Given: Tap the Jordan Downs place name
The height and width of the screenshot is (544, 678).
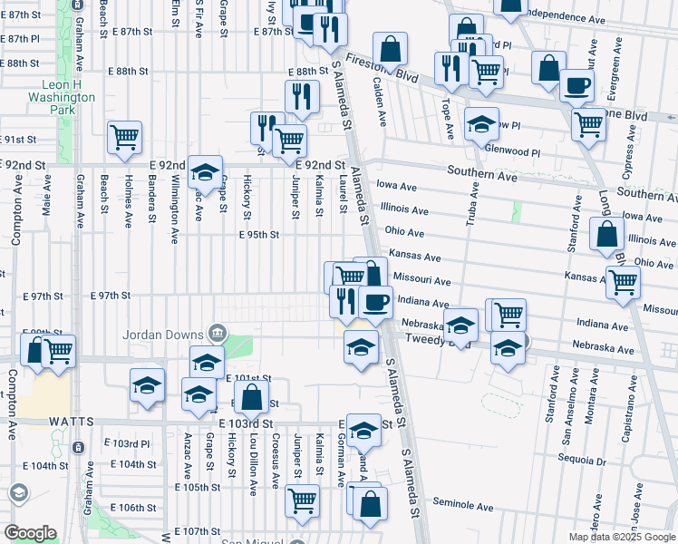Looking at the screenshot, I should [165, 332].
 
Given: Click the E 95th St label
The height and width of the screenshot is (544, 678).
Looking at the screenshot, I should [258, 234].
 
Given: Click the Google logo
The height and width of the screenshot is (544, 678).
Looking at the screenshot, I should [30, 533].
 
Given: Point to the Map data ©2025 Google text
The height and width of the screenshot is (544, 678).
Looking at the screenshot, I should [622, 537].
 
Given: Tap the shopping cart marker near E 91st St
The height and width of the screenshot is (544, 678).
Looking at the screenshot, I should [124, 138].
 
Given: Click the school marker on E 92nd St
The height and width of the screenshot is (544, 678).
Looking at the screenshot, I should [206, 171].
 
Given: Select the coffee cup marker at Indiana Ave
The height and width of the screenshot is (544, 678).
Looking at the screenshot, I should [375, 301].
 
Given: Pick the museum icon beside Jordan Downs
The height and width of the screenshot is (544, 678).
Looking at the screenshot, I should [216, 331].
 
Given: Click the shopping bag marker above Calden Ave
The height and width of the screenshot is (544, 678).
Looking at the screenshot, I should [390, 49].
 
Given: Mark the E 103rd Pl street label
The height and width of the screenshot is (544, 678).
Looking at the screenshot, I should [125, 443].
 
